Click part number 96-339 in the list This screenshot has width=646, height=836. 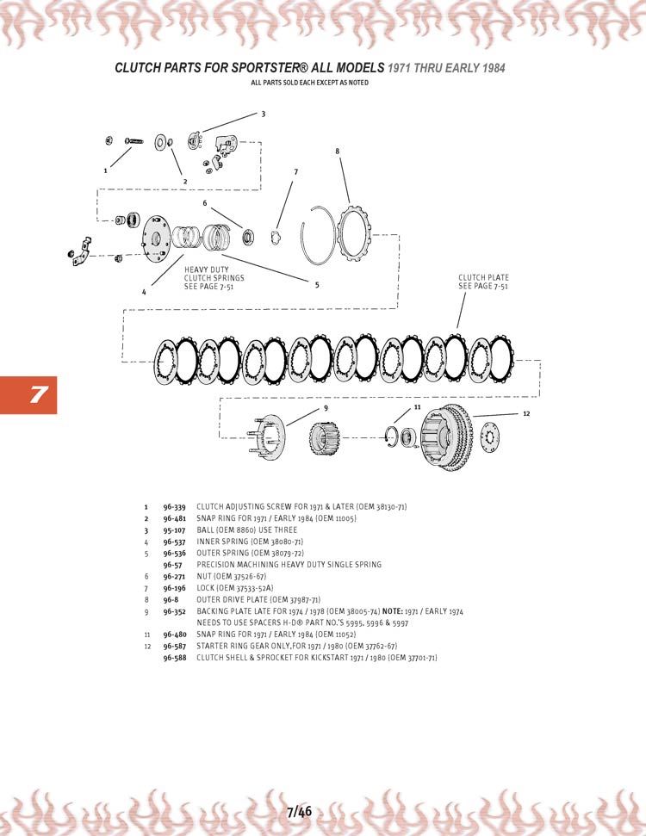[x=174, y=507]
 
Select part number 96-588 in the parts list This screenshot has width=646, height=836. [x=175, y=658]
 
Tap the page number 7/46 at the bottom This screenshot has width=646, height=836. [x=299, y=812]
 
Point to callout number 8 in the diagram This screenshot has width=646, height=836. [x=337, y=152]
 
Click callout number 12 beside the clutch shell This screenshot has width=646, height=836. [x=526, y=414]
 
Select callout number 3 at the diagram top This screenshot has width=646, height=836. [x=263, y=115]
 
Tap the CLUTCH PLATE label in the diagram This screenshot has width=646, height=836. [x=483, y=278]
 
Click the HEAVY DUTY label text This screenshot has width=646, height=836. [x=206, y=269]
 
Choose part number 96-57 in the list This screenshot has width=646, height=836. [x=172, y=565]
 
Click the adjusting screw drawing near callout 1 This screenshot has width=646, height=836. [x=134, y=141]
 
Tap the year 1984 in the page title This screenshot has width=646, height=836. [x=494, y=68]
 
